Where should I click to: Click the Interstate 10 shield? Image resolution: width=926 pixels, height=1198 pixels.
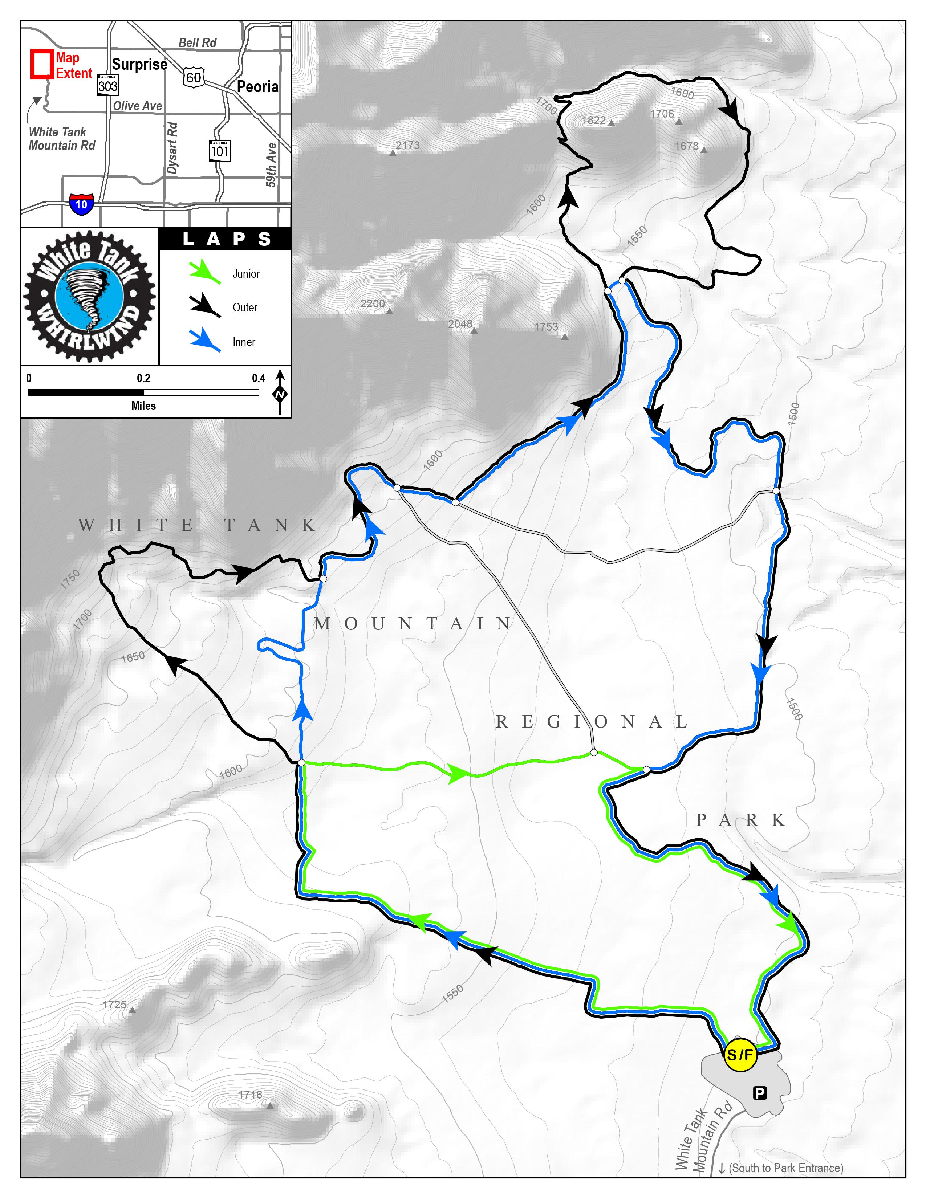click(x=81, y=204)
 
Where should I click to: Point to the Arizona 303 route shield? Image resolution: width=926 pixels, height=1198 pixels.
click(x=107, y=85)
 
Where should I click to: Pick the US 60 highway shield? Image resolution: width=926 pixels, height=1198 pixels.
click(x=193, y=77)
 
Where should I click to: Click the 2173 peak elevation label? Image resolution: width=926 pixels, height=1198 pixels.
click(x=407, y=145)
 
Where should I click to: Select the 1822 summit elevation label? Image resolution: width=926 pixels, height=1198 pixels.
click(x=594, y=120)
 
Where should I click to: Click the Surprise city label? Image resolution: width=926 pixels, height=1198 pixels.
click(x=139, y=65)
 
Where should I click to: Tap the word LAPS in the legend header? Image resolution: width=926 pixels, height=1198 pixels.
click(x=226, y=239)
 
